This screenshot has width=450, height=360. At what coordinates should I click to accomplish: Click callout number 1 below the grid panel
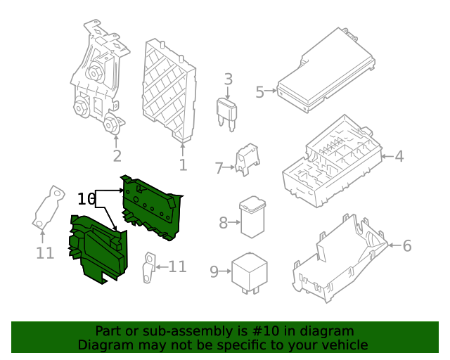click(x=183, y=165)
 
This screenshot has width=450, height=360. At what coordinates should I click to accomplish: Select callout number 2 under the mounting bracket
click(x=117, y=156)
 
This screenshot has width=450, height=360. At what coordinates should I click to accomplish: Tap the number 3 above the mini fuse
click(x=228, y=79)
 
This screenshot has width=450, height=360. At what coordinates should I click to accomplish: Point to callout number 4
click(x=399, y=156)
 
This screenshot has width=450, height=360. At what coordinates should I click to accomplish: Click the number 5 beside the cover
click(x=259, y=92)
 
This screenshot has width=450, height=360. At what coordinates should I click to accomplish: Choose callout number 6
click(x=406, y=245)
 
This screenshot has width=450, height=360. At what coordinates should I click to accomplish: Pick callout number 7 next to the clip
click(x=219, y=168)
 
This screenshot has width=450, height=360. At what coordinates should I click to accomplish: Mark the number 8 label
click(x=224, y=223)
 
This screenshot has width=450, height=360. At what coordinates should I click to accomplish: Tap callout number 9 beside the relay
click(x=214, y=271)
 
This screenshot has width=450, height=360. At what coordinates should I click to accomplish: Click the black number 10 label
click(x=86, y=199)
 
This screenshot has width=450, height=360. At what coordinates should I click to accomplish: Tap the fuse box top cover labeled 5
click(x=329, y=70)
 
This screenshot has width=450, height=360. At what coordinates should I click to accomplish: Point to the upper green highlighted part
click(x=150, y=207)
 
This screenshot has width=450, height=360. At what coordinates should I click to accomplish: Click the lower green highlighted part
click(x=98, y=250)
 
